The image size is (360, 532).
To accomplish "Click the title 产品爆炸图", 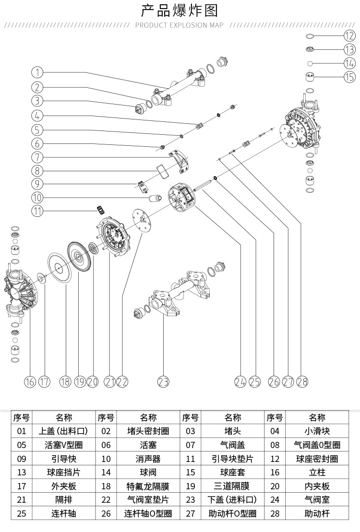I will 180,10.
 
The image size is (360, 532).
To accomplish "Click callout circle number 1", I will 38,72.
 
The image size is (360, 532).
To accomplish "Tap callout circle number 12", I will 349,35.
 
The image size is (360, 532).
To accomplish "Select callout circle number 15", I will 349,76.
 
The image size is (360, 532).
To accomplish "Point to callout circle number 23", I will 164,381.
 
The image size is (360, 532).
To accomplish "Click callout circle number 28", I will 302,381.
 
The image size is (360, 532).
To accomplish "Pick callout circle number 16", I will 30,381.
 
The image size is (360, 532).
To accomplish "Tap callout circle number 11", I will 38,211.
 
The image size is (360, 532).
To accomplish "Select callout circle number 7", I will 38,157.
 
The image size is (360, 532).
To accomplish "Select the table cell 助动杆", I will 317,513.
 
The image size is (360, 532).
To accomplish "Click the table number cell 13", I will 22,473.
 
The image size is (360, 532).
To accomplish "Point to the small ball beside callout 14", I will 311,63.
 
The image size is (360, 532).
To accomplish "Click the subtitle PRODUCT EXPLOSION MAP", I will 180,25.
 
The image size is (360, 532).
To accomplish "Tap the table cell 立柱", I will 317,473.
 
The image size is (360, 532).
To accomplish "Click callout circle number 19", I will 80,381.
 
